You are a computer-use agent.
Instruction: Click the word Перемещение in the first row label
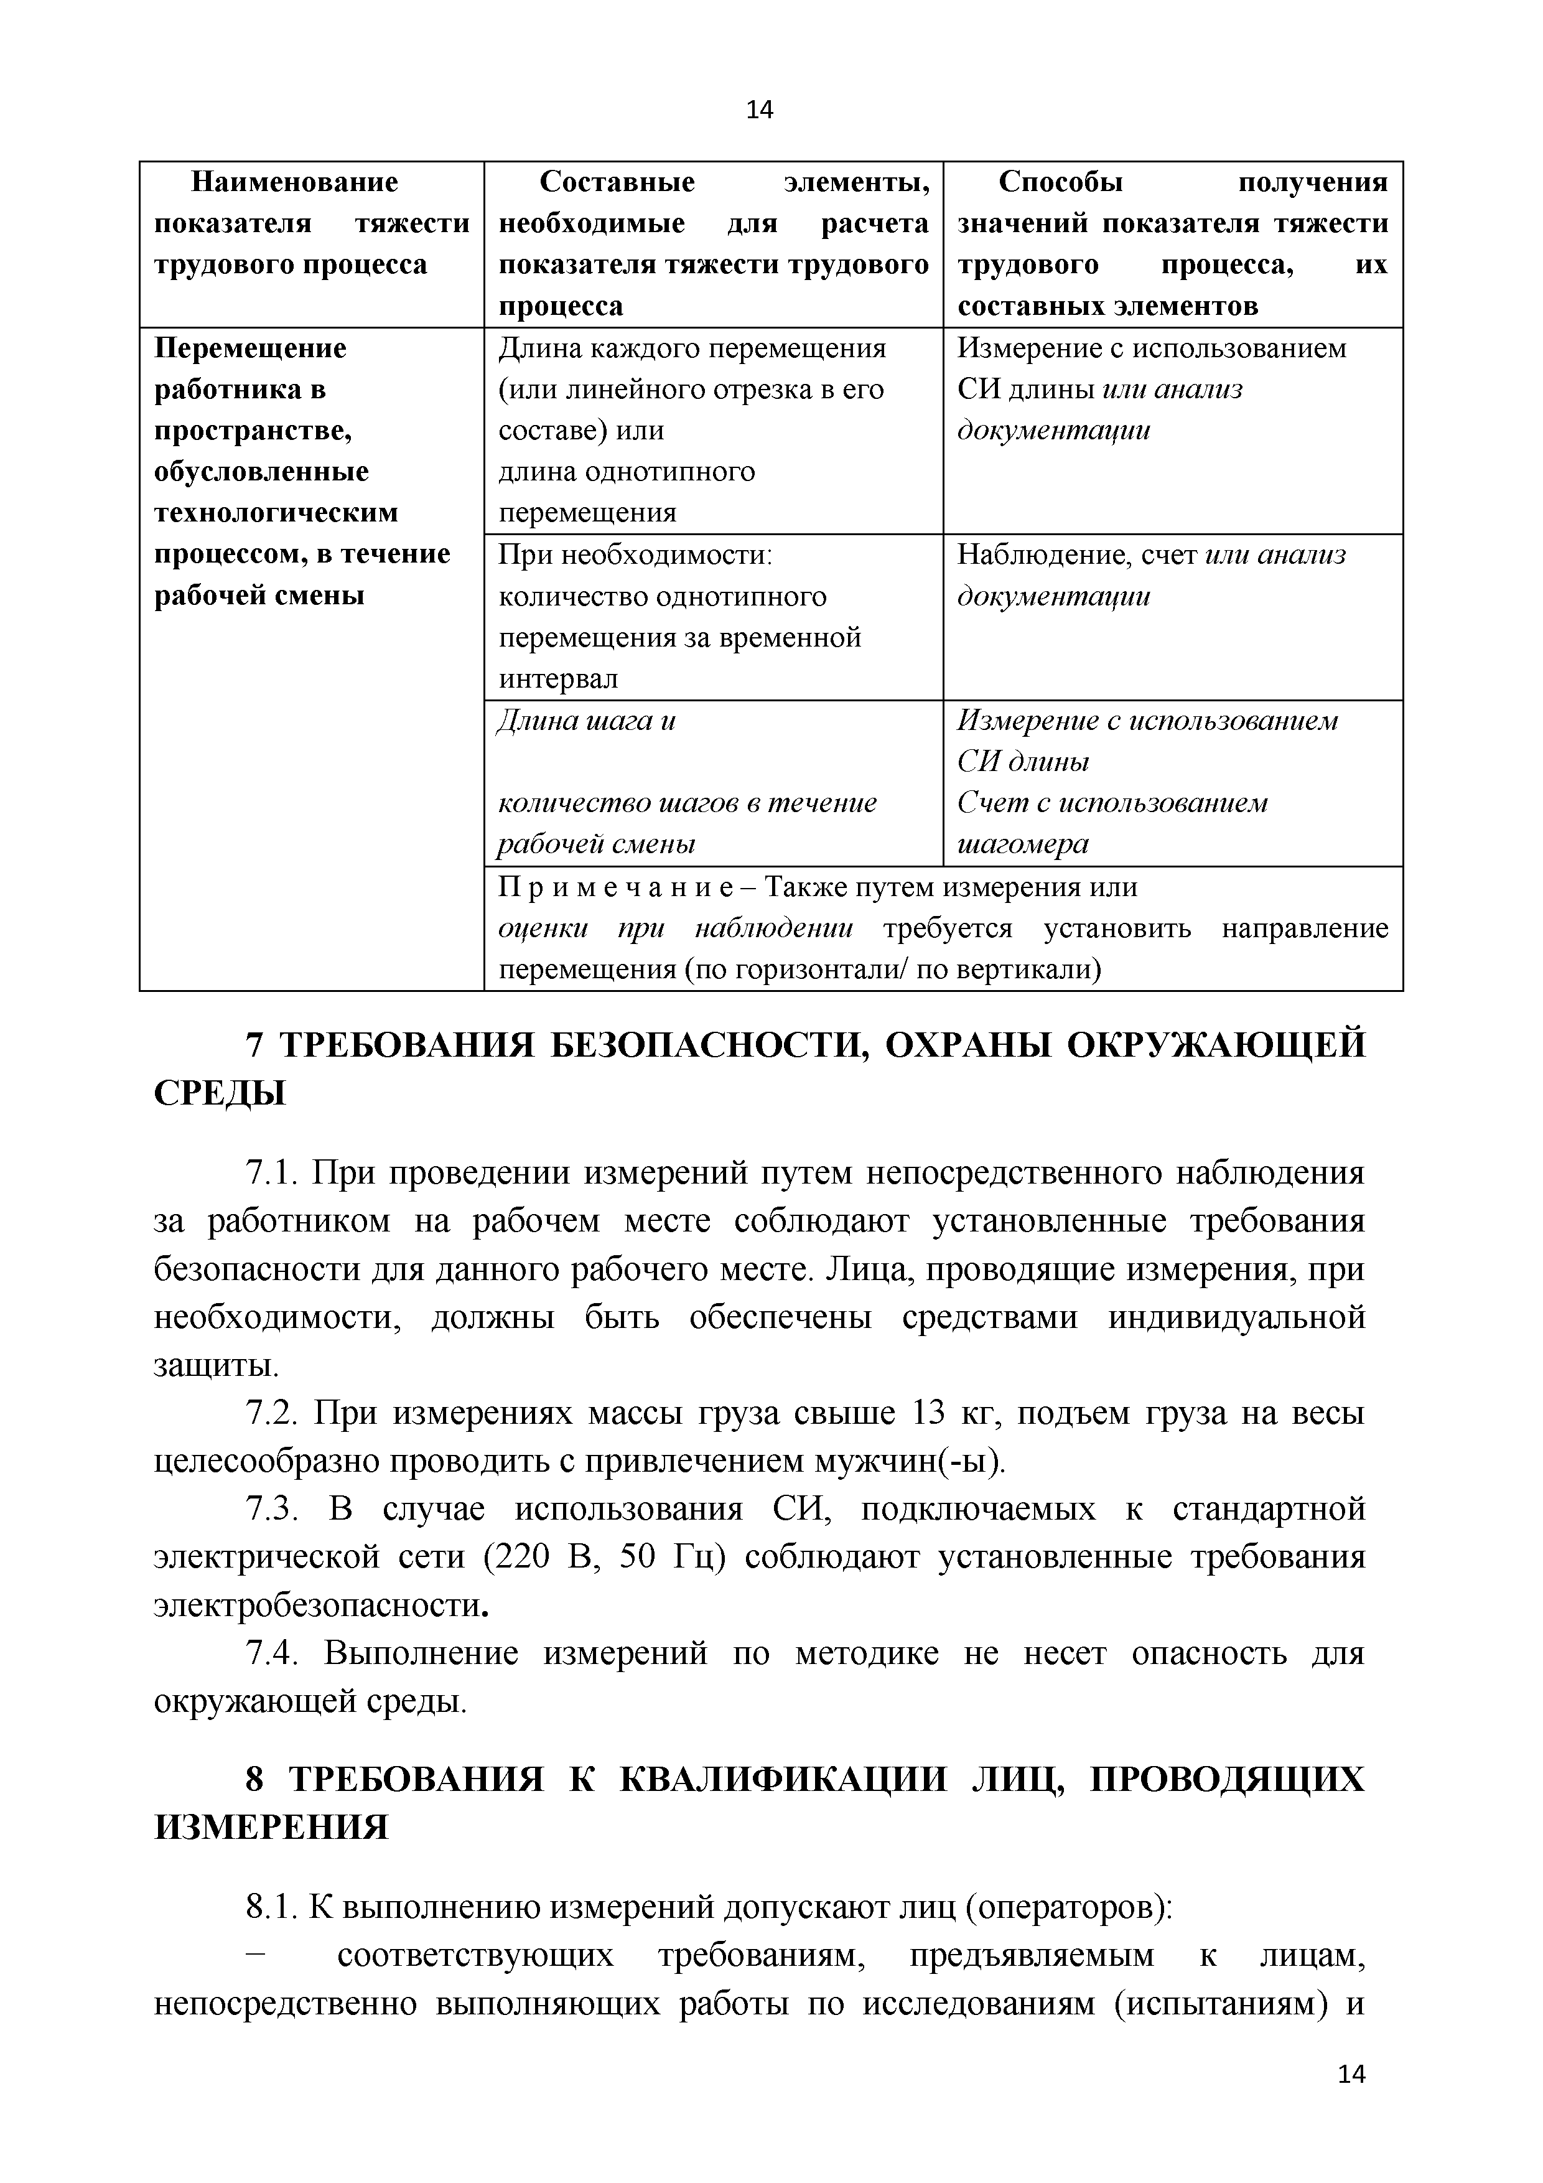[250, 348]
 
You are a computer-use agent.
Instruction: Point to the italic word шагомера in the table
[1022, 844]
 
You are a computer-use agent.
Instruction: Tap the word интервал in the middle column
[558, 679]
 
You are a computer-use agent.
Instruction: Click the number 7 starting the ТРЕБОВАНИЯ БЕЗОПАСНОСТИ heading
[254, 1045]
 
